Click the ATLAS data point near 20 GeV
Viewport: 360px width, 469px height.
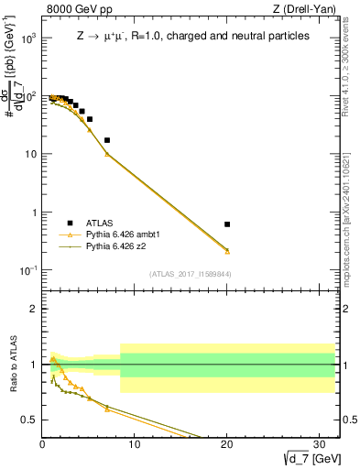(x=227, y=224)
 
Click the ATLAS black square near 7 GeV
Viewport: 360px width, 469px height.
(x=107, y=140)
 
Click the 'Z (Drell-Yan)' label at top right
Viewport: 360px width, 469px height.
(x=308, y=10)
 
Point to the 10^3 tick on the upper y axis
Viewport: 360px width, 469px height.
(x=30, y=38)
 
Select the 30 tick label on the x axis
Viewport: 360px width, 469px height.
(x=318, y=445)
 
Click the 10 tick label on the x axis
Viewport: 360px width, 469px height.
(x=135, y=445)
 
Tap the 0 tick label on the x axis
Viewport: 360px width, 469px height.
(x=43, y=445)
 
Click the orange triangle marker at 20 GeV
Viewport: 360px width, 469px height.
(x=227, y=250)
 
